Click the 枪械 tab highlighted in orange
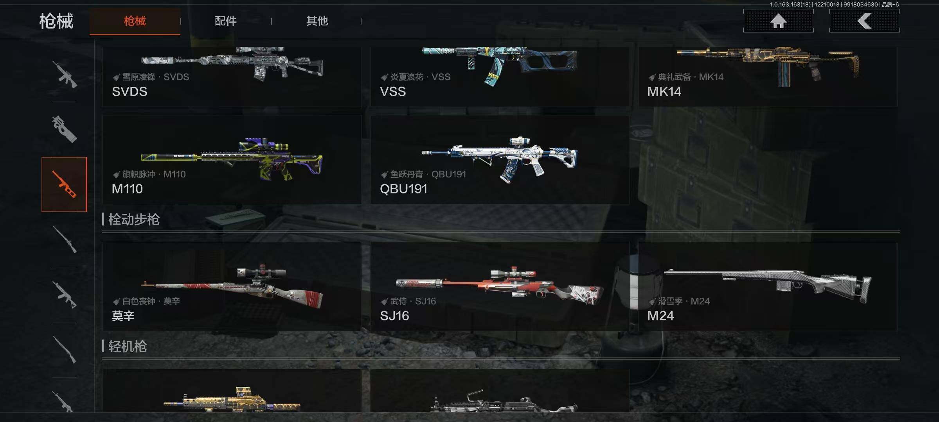tap(135, 21)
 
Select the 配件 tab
tap(226, 21)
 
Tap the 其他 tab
tap(317, 21)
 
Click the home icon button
tap(778, 21)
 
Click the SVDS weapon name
tap(130, 91)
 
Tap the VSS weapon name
tap(393, 91)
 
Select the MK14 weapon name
tap(664, 91)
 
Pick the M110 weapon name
tap(127, 189)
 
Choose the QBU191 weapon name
tap(403, 189)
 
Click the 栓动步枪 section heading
tap(134, 220)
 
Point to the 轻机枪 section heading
tap(128, 347)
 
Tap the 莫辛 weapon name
tap(123, 316)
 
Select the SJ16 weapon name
tap(394, 316)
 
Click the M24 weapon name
tap(660, 316)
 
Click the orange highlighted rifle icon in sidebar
tap(65, 184)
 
